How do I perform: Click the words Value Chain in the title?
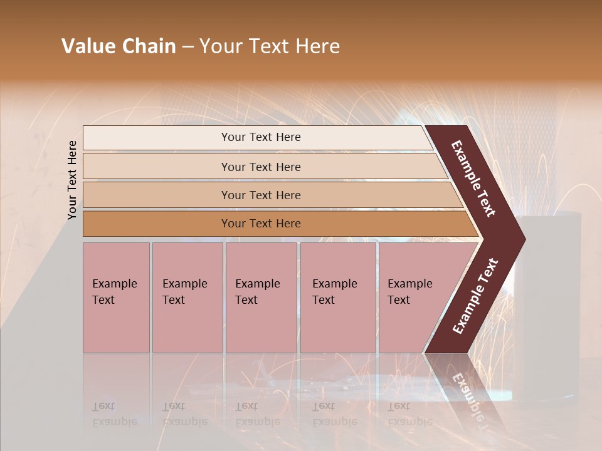(119, 46)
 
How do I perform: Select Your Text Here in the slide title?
(270, 46)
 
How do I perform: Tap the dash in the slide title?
(187, 47)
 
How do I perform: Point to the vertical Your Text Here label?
(72, 180)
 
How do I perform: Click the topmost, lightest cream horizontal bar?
(260, 137)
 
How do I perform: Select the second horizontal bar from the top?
(260, 167)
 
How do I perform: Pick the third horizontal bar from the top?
(260, 195)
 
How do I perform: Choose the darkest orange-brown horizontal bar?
(260, 224)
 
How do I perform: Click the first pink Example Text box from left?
(116, 297)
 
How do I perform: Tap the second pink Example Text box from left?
(187, 297)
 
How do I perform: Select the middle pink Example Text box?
(261, 297)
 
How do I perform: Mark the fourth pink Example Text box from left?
(337, 297)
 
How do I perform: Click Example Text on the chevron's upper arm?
(473, 179)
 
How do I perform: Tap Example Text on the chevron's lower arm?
(475, 296)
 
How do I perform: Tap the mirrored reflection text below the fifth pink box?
(399, 414)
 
